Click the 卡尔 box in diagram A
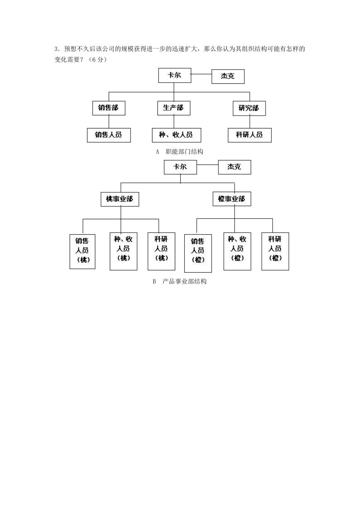(x=175, y=75)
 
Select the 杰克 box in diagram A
(x=228, y=77)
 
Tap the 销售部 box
(x=109, y=108)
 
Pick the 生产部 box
(x=174, y=108)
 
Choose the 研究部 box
(x=249, y=108)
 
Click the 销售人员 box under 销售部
(x=109, y=135)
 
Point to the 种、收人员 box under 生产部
(x=176, y=135)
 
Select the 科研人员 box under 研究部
(x=250, y=135)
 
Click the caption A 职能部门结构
(x=179, y=152)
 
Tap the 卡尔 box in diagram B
(x=180, y=167)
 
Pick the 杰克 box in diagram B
(x=234, y=167)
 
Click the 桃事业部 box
(x=120, y=199)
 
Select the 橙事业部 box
(x=232, y=199)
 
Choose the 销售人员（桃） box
(x=82, y=252)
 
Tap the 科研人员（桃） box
(x=162, y=251)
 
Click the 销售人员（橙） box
(x=198, y=253)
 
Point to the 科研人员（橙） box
(x=275, y=251)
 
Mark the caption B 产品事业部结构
(x=179, y=281)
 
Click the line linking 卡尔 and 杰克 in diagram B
(x=208, y=165)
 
